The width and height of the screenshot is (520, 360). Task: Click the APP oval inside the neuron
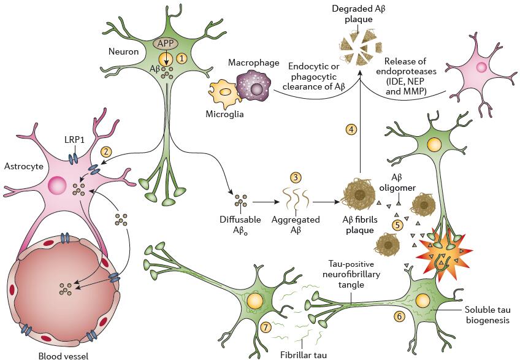[166, 44]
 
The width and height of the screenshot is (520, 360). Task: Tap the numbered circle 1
[181, 58]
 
